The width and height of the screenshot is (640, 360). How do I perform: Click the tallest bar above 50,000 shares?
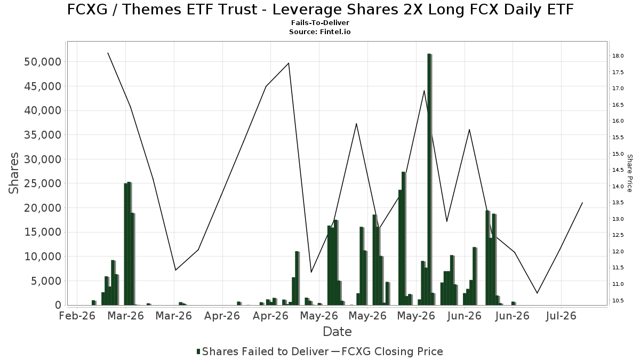pyautogui.click(x=429, y=179)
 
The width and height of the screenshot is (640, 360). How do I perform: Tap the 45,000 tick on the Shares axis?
pyautogui.click(x=43, y=86)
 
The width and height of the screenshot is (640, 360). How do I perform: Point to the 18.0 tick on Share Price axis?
pyautogui.click(x=618, y=55)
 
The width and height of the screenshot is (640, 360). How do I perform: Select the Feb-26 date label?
pyautogui.click(x=77, y=316)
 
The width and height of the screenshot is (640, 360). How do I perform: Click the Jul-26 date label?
pyautogui.click(x=561, y=316)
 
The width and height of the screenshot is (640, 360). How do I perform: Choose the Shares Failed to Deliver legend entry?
pyautogui.click(x=263, y=351)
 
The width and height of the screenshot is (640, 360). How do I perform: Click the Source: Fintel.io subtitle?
pyautogui.click(x=319, y=31)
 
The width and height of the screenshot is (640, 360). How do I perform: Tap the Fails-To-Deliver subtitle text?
pyautogui.click(x=320, y=22)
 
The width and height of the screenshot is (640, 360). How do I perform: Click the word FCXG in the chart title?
pyautogui.click(x=87, y=10)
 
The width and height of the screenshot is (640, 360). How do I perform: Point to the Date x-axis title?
pyautogui.click(x=337, y=332)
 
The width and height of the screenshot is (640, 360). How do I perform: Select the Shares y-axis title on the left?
pyautogui.click(x=13, y=173)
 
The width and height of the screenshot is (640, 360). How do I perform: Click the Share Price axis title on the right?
pyautogui.click(x=630, y=173)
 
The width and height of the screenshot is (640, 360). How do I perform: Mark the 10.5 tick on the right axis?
pyautogui.click(x=618, y=301)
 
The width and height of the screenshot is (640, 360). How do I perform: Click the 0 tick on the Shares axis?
pyautogui.click(x=58, y=305)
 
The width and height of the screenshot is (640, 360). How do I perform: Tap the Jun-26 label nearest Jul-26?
pyautogui.click(x=513, y=316)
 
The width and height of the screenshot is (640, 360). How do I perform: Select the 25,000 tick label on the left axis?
pyautogui.click(x=43, y=183)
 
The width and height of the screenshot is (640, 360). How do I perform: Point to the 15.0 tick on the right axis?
pyautogui.click(x=618, y=154)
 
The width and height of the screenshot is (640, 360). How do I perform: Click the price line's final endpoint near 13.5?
pyautogui.click(x=582, y=203)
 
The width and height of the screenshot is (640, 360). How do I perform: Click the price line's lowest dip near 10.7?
pyautogui.click(x=537, y=293)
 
